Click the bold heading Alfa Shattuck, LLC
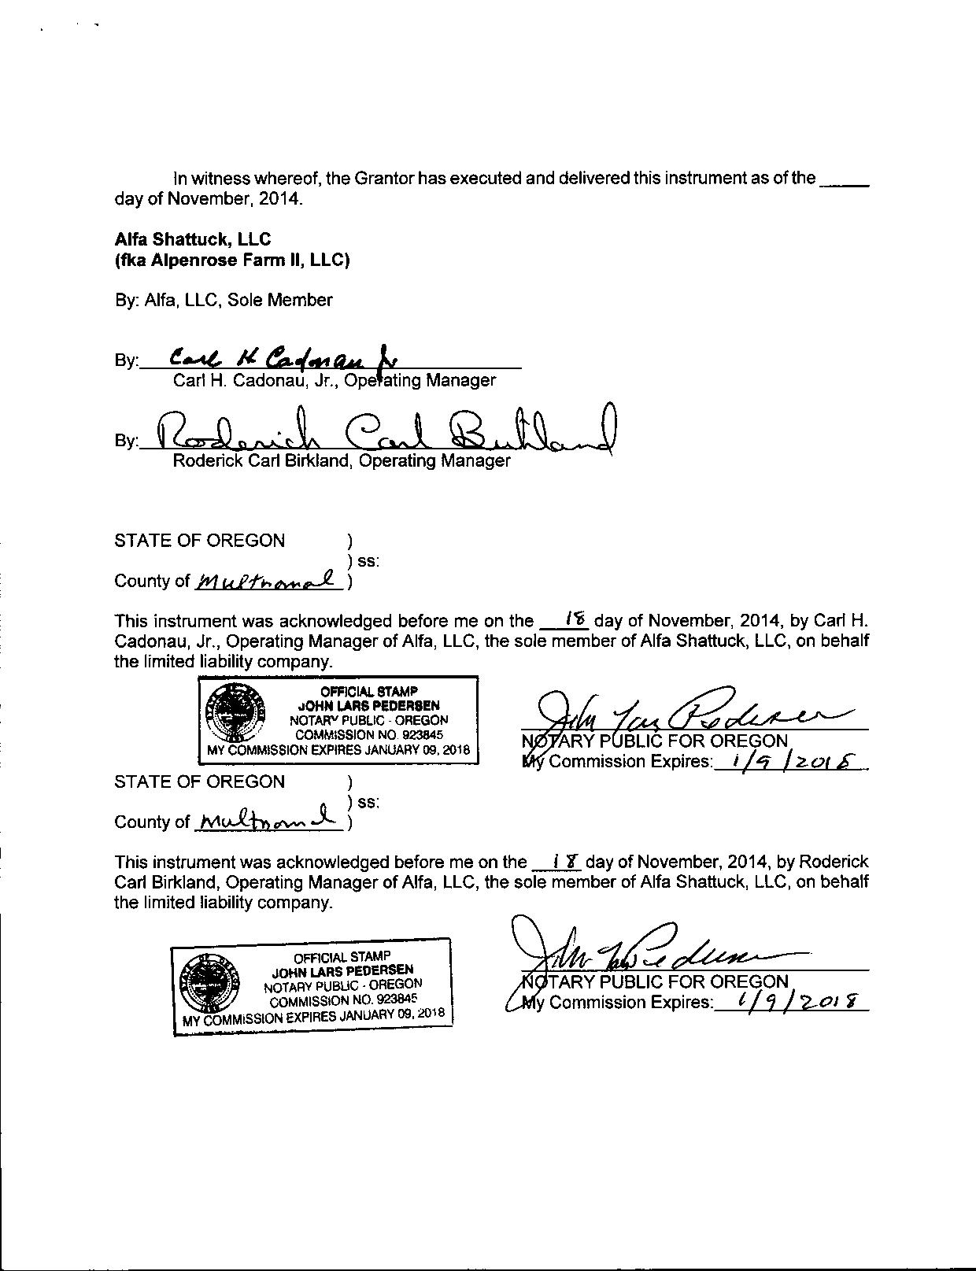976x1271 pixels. [193, 239]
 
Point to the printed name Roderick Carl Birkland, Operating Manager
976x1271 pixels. [342, 460]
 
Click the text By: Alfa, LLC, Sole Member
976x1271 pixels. [224, 300]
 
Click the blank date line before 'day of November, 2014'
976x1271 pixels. [844, 181]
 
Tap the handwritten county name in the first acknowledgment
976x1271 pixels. [268, 581]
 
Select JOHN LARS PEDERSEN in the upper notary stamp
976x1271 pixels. [368, 705]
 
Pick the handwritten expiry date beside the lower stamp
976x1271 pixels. [793, 1001]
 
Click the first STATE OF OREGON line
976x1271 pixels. [200, 541]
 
